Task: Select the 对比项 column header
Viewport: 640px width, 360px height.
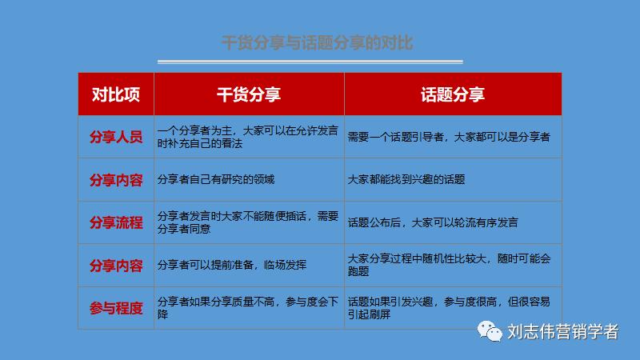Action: coord(116,94)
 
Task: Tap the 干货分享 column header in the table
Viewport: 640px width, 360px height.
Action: coord(249,94)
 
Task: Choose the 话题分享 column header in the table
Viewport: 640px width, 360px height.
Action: coord(453,94)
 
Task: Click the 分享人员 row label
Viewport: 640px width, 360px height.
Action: coord(116,137)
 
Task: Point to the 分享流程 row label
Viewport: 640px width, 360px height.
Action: coord(116,222)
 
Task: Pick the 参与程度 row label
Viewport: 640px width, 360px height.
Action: coord(116,308)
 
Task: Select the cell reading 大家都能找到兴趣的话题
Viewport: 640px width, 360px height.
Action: coord(406,179)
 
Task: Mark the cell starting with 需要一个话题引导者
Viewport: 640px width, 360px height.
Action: coord(449,137)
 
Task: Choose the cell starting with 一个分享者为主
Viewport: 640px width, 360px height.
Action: coord(248,137)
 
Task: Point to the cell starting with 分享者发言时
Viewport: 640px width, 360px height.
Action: coord(248,222)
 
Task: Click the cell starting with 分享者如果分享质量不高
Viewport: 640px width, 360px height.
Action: coord(248,308)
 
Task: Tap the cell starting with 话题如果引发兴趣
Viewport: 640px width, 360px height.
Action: coord(453,308)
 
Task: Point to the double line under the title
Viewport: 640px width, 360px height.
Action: coord(310,62)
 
